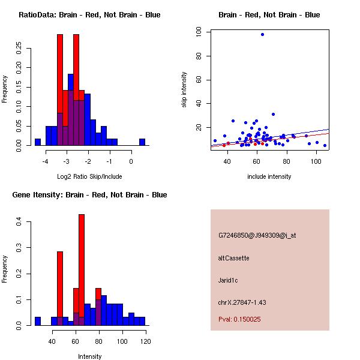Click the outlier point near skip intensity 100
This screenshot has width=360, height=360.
tap(262, 34)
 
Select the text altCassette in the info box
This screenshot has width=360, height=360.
tap(233, 258)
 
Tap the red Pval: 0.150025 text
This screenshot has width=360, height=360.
tap(239, 319)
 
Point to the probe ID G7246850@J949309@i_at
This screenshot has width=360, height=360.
tap(257, 235)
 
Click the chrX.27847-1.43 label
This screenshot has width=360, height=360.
tap(242, 302)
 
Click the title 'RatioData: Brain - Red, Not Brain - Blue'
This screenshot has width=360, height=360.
tap(89, 15)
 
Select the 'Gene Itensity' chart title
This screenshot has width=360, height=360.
tap(89, 195)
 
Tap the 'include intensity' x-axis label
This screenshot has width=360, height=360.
tap(269, 176)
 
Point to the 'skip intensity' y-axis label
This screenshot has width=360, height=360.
tap(184, 90)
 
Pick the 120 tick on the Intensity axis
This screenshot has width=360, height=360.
tap(145, 341)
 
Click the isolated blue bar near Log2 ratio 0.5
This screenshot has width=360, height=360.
tap(142, 142)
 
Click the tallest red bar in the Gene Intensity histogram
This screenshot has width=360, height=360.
tap(82, 269)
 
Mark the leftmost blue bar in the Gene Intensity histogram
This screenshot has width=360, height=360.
tap(37, 321)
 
